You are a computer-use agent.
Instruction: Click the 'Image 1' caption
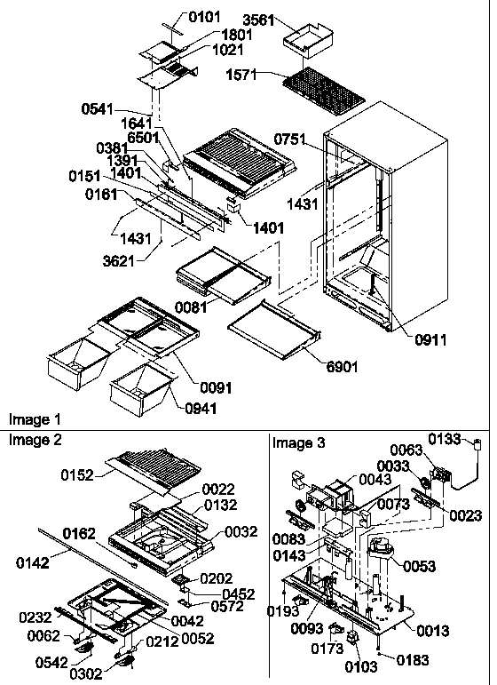click(35, 418)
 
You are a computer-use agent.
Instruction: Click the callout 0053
click(422, 566)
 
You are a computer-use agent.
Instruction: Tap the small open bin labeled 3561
click(312, 40)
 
